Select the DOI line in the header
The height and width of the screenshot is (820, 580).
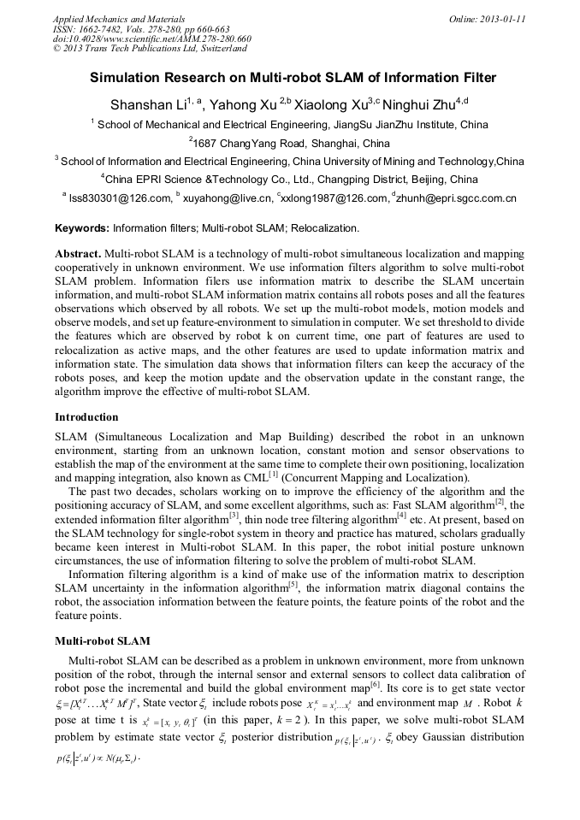pyautogui.click(x=152, y=38)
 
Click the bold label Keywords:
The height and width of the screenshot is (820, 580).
pyautogui.click(x=82, y=228)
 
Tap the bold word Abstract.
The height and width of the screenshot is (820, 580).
pyautogui.click(x=78, y=255)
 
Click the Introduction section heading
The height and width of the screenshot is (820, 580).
pyautogui.click(x=86, y=417)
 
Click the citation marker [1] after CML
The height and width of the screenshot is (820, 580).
pyautogui.click(x=273, y=474)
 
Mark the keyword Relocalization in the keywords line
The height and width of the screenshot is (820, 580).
pyautogui.click(x=326, y=228)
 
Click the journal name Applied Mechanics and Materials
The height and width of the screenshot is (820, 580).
pyautogui.click(x=118, y=18)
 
